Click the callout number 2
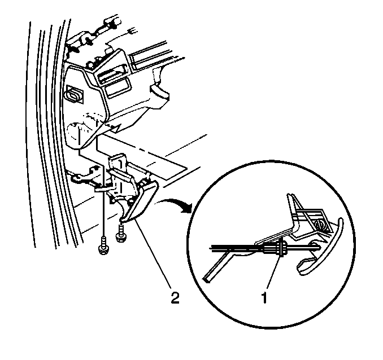[175, 297]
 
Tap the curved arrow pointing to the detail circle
[175, 204]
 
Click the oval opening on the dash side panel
[73, 95]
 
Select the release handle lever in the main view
[141, 202]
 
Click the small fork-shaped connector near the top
[132, 32]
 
